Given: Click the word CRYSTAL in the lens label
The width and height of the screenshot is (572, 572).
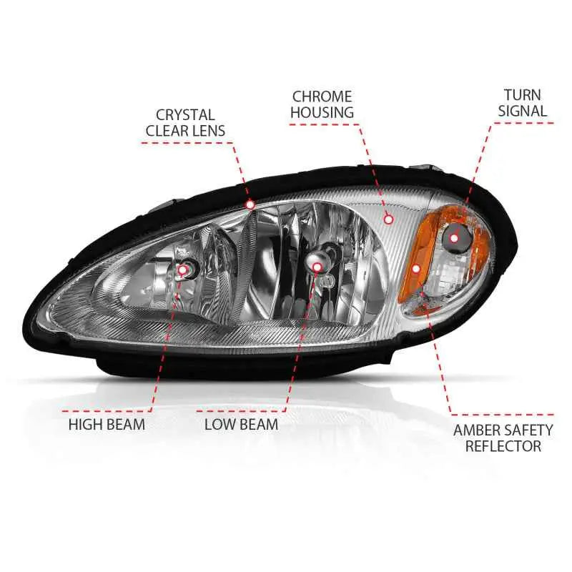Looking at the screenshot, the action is pyautogui.click(x=185, y=115).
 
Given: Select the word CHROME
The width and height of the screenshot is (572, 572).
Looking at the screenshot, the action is pyautogui.click(x=322, y=97).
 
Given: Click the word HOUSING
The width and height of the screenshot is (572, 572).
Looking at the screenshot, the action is pyautogui.click(x=322, y=112).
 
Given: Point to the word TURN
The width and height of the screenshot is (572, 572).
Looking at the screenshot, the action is pyautogui.click(x=523, y=95).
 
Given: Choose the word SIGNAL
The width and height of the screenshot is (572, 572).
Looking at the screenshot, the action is pyautogui.click(x=523, y=111).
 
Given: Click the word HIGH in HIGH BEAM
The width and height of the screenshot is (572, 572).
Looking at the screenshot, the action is pyautogui.click(x=84, y=425).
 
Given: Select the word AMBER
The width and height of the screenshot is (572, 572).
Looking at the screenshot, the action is pyautogui.click(x=476, y=430).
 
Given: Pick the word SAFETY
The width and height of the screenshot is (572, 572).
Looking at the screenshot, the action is pyautogui.click(x=528, y=430).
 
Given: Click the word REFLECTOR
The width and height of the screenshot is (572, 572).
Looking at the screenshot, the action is pyautogui.click(x=503, y=446).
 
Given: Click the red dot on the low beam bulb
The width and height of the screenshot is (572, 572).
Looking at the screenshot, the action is pyautogui.click(x=317, y=267).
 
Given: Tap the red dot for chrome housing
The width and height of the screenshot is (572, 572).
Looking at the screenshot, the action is pyautogui.click(x=389, y=220).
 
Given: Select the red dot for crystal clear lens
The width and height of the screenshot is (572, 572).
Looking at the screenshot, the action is pyautogui.click(x=250, y=204).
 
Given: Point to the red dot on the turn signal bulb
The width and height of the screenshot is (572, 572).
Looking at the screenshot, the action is pyautogui.click(x=454, y=238).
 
